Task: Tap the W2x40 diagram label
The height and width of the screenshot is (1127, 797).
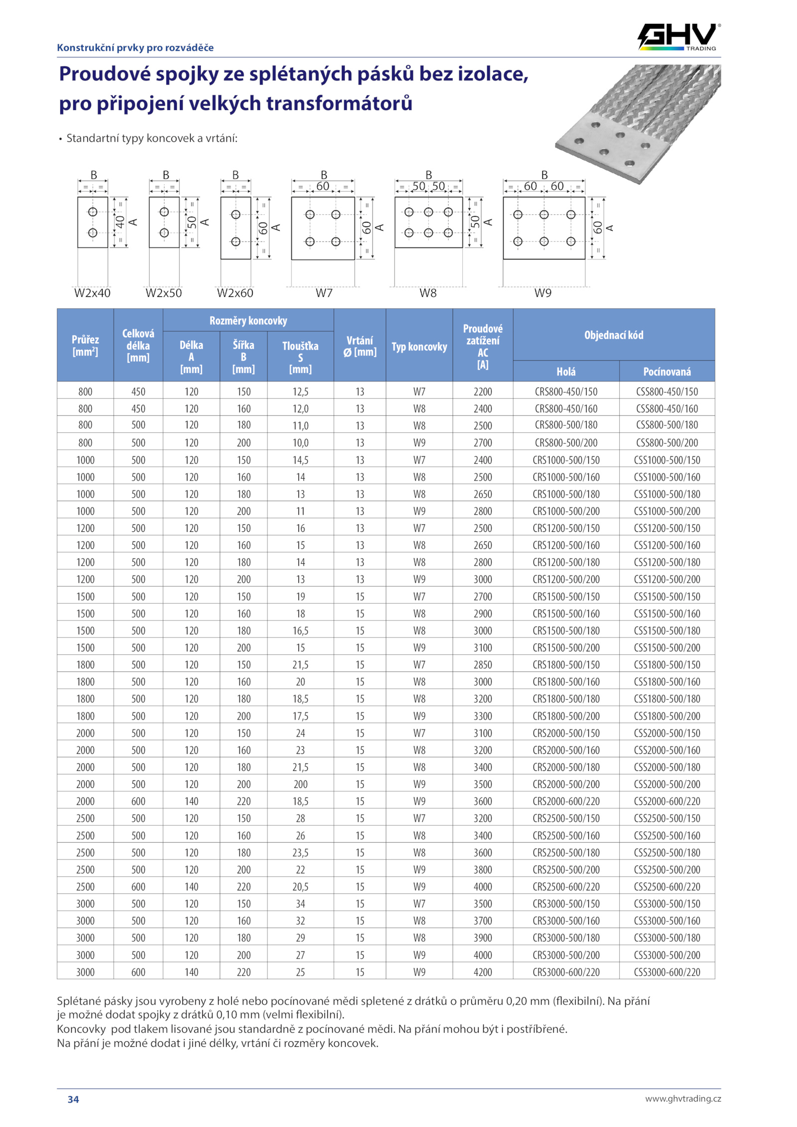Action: pos(92,293)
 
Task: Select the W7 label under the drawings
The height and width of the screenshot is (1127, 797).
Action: pos(324,293)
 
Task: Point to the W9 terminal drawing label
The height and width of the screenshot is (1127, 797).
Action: pos(543,293)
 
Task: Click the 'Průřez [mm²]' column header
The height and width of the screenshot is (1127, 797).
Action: pos(85,345)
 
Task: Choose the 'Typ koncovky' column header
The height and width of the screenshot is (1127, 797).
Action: pos(419,347)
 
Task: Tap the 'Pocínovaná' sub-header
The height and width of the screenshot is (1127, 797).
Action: pos(667,372)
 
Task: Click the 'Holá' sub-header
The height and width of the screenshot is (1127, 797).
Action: pos(566,372)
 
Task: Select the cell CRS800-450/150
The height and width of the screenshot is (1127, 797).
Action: pos(566,391)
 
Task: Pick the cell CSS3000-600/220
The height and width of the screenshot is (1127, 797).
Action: pos(667,972)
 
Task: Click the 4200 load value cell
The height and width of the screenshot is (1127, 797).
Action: pos(483,972)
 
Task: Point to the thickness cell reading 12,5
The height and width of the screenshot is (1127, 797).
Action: pos(300,391)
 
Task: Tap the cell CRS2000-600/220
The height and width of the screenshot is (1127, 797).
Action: pos(566,801)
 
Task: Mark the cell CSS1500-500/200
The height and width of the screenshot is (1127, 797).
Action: pos(667,647)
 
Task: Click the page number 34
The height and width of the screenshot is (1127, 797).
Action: pos(73,1099)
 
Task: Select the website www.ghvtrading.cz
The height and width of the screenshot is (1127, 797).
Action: pos(683,1098)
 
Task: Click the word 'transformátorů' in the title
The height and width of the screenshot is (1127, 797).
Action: pos(339,104)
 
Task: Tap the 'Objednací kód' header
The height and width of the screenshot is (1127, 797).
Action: pos(614,335)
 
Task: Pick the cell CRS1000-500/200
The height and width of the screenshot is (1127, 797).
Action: pos(566,511)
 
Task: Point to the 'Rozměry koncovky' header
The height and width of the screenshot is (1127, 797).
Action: pos(248,320)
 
